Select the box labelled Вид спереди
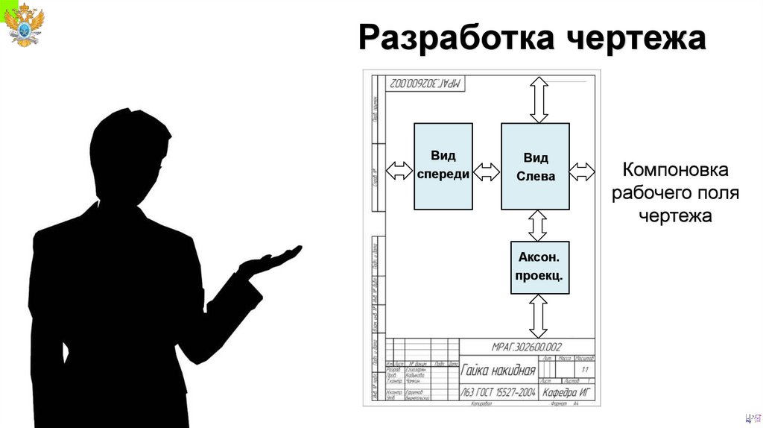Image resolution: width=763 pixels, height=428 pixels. [443, 166]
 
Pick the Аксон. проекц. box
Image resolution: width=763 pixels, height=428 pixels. [539, 267]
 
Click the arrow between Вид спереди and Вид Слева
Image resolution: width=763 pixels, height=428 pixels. [487, 172]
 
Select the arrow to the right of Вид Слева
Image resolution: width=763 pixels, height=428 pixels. [582, 172]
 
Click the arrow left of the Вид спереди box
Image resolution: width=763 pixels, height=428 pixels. [399, 171]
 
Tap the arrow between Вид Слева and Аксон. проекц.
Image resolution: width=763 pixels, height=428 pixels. [538, 225]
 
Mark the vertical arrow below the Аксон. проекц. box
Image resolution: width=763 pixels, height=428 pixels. [538, 315]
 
